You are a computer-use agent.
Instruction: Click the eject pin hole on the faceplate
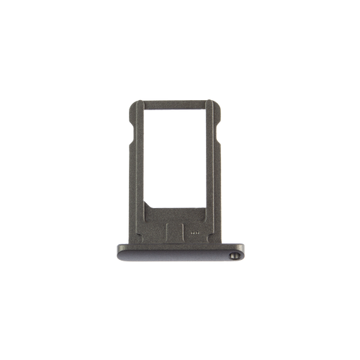point(233,255)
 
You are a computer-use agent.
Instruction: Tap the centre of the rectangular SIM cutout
point(180,158)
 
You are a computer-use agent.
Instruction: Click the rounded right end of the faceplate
point(243,252)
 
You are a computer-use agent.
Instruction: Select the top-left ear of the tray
point(132,109)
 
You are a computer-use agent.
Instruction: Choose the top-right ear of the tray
point(219,109)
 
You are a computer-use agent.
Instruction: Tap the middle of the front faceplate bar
point(180,252)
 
